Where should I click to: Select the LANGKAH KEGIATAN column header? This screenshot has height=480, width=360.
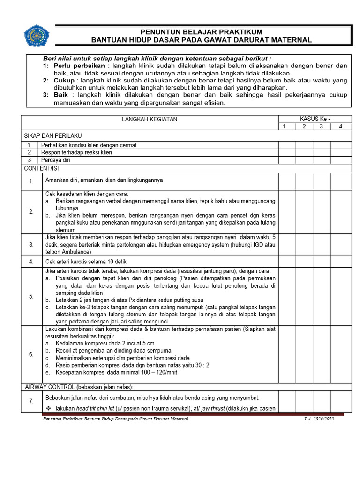[x=150, y=120]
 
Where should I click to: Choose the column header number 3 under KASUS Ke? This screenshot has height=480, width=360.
[x=322, y=127]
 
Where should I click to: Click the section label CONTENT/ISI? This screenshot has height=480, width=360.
[x=42, y=168]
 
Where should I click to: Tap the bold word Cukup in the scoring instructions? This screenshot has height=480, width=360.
[x=64, y=81]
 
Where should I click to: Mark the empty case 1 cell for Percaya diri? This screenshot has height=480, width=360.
[x=287, y=160]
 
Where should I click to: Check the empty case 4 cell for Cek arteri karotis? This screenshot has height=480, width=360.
[x=341, y=262]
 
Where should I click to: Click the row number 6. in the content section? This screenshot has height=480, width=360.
[x=31, y=354]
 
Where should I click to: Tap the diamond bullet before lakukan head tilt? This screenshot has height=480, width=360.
[x=49, y=408]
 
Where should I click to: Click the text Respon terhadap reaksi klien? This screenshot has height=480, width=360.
[x=76, y=152]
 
